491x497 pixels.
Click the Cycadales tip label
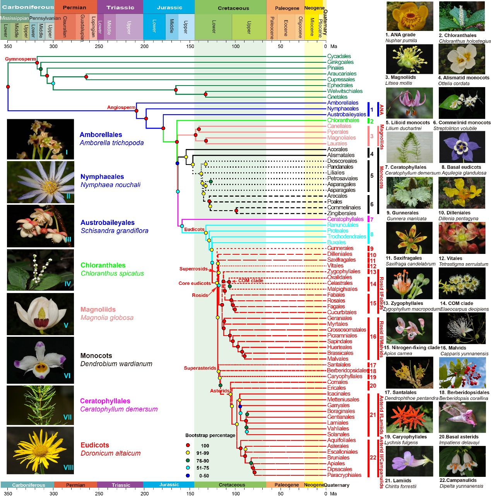point(339,57)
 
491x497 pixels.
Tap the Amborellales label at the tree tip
point(342,103)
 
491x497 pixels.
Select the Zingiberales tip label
point(341,213)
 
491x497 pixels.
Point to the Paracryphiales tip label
point(344,475)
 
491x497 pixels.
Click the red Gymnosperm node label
point(21,59)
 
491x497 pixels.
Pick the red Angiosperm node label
point(121,107)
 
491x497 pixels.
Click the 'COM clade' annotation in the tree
point(250,281)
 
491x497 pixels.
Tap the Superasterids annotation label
point(200,368)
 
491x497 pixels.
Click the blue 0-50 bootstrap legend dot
point(188,475)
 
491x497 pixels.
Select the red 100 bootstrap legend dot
point(188,446)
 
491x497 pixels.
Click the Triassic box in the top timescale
point(120,7)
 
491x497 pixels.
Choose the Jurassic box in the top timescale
point(169,7)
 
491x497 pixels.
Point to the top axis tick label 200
point(144,46)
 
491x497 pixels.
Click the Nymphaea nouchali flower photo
point(41,182)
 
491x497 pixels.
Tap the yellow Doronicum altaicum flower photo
point(41,451)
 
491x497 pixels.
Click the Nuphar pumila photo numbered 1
point(409,16)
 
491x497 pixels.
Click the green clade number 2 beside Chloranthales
point(371,121)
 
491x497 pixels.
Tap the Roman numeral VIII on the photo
point(68,468)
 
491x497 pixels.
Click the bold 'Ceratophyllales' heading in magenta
point(105,401)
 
